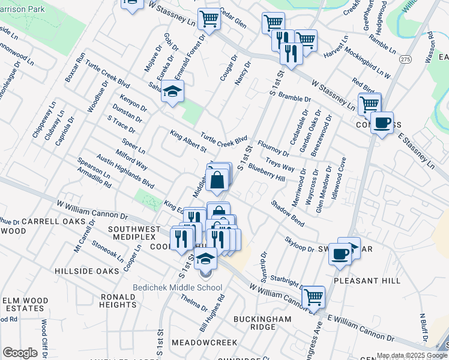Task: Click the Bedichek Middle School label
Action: pyautogui.click(x=178, y=288)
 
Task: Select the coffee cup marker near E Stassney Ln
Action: pyautogui.click(x=381, y=124)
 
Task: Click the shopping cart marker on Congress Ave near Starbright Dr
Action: pyautogui.click(x=313, y=296)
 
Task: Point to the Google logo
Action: pyautogui.click(x=20, y=353)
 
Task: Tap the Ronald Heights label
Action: pyautogui.click(x=118, y=301)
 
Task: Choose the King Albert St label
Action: pyautogui.click(x=188, y=141)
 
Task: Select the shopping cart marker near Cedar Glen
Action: pyautogui.click(x=209, y=19)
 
